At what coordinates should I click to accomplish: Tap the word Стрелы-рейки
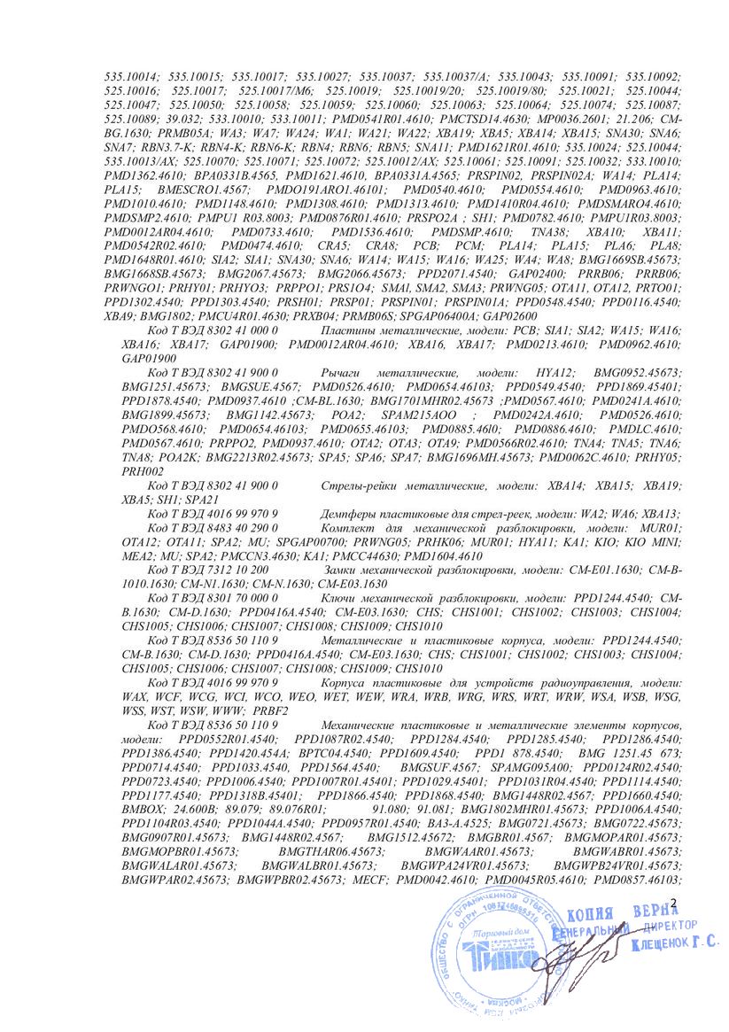[x=355, y=486]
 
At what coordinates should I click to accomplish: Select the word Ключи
[x=341, y=599]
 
